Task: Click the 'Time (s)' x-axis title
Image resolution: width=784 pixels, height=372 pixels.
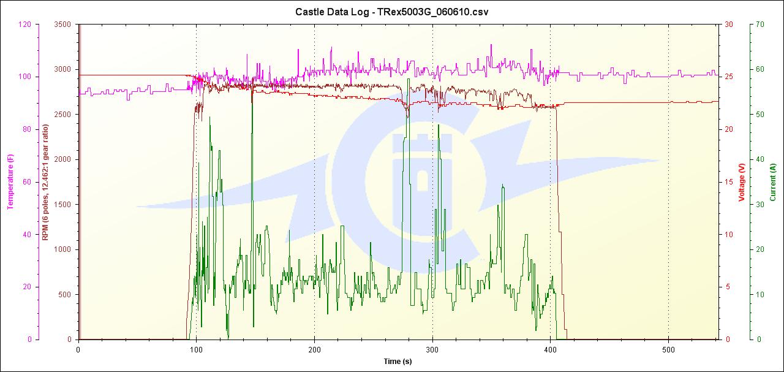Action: [398, 362]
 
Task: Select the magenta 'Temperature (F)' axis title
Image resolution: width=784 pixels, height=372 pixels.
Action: [10, 182]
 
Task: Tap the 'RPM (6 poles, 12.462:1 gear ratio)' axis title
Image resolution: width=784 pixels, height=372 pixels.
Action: [45, 182]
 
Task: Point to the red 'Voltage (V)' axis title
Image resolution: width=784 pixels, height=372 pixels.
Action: [741, 182]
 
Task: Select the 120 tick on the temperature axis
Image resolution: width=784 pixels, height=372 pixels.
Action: [24, 25]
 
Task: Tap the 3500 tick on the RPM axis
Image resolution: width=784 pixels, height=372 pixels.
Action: [63, 25]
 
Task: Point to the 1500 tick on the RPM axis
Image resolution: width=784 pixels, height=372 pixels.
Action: [63, 205]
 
